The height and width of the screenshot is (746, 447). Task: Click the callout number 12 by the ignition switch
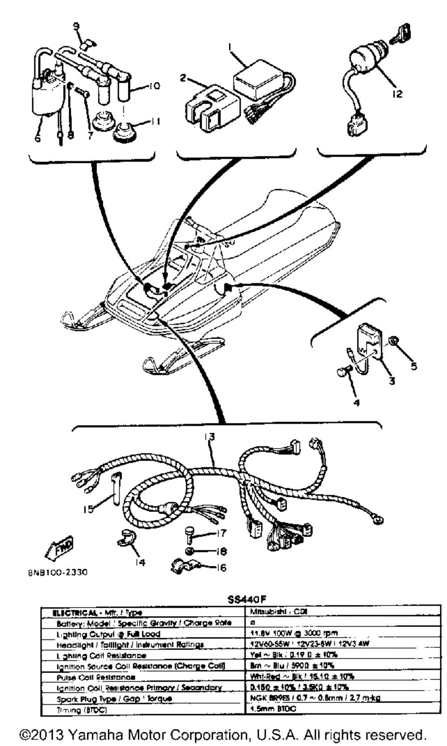(397, 94)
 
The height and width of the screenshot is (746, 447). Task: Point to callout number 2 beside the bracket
(182, 78)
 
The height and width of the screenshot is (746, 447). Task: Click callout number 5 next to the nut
(414, 367)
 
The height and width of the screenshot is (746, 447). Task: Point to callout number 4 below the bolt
(357, 402)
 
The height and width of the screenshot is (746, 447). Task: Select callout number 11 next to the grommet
(155, 121)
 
